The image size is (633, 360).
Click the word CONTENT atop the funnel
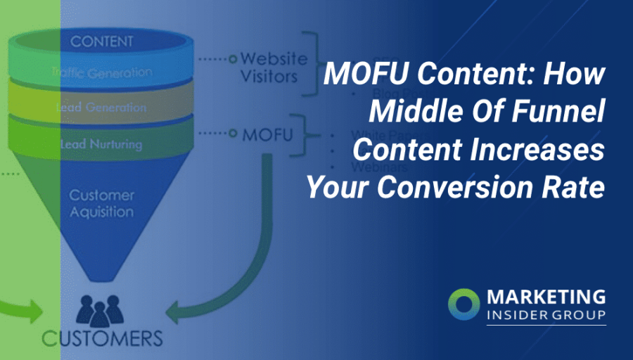pos(102,41)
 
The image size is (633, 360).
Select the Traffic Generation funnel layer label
pos(101,72)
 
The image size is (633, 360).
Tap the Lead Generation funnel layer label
pos(101,108)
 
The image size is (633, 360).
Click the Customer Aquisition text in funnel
pos(101,202)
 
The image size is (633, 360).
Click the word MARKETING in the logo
pos(545,296)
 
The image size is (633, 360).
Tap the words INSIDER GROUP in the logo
pos(545,314)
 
